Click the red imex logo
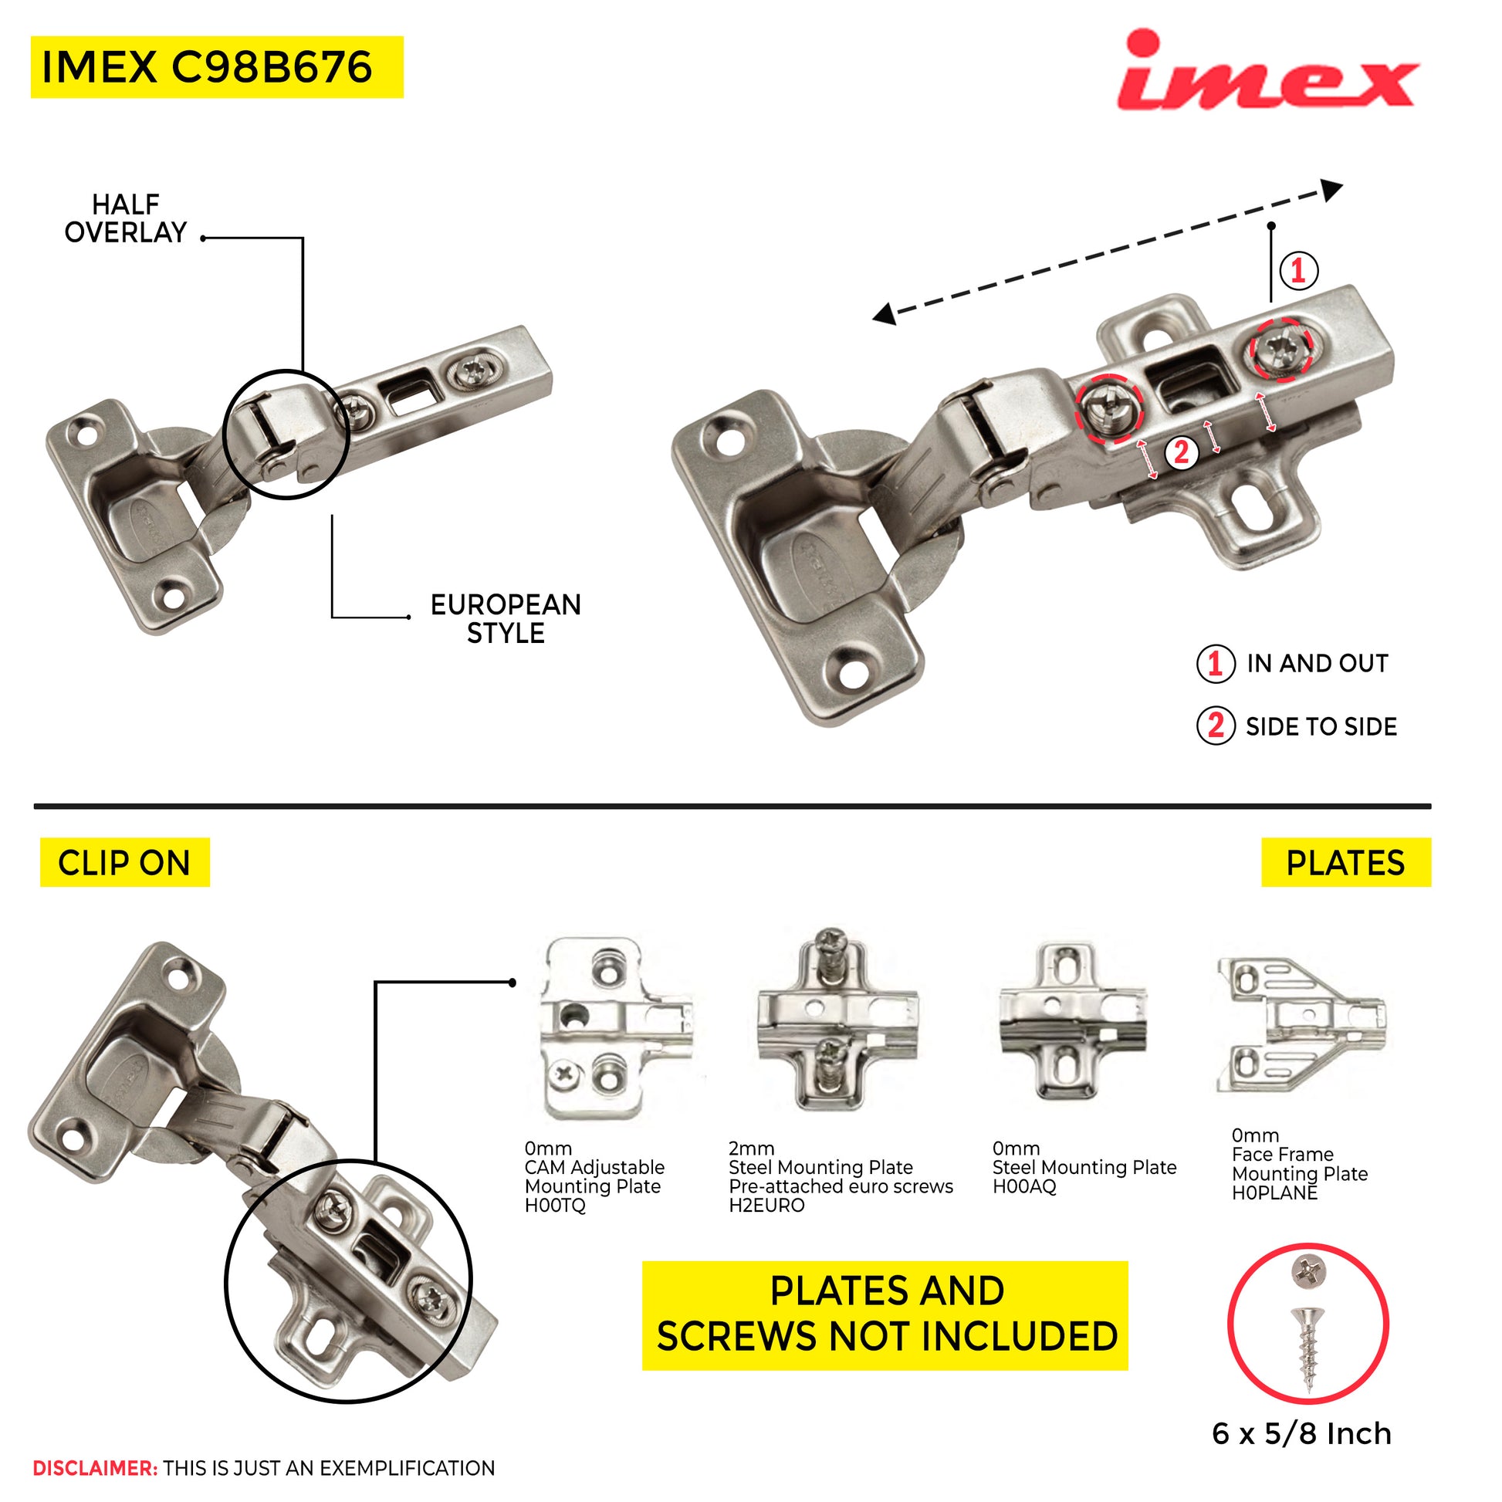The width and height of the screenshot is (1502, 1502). pos(1267,72)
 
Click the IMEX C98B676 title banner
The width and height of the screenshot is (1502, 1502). pos(218,68)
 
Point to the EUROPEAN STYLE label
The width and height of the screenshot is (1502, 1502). pos(506,619)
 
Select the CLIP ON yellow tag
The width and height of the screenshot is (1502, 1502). pos(125,863)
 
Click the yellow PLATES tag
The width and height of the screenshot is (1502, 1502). pos(1347,863)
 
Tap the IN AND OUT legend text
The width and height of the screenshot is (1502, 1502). pos(1318,664)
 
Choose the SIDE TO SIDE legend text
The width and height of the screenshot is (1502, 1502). pos(1321,727)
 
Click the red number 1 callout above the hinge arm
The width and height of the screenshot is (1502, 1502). pos(1298,271)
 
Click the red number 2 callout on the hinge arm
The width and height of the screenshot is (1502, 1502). pos(1181,452)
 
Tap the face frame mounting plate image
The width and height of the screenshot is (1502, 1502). pos(1301,1026)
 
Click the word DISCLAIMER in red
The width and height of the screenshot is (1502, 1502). pos(95,1468)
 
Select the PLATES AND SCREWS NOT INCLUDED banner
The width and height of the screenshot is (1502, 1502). pos(885,1315)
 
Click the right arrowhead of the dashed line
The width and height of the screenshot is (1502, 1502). pos(1332,189)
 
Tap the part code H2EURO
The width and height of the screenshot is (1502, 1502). pos(766,1206)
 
